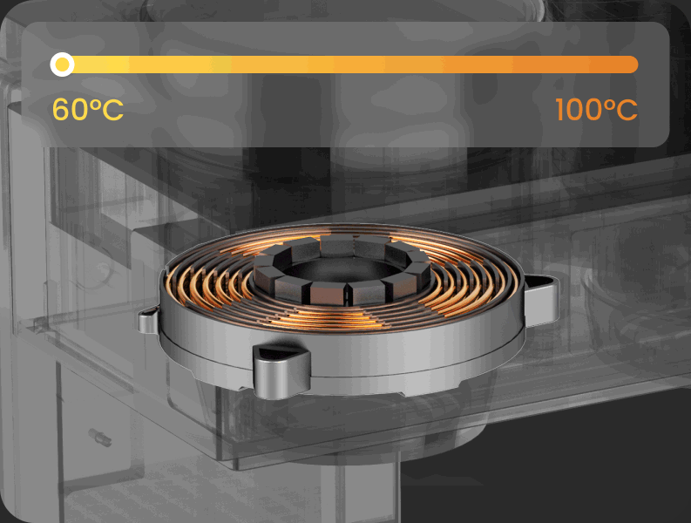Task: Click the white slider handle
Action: (x=62, y=65)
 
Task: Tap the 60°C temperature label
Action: (x=88, y=109)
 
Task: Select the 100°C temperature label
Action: (x=596, y=109)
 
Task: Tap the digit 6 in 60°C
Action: (x=61, y=109)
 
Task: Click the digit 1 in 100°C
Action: (x=559, y=109)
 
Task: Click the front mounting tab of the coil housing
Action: (x=281, y=370)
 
